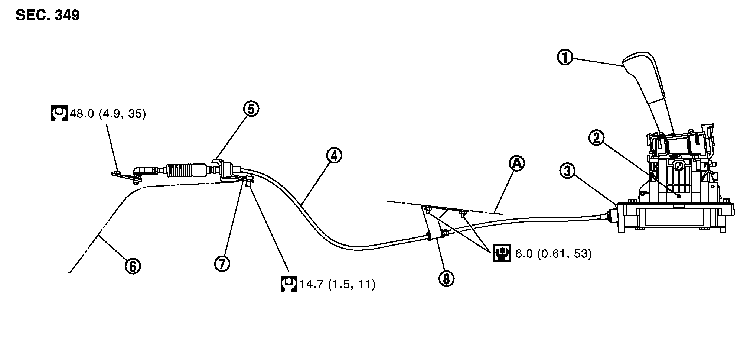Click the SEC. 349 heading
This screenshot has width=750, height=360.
pos(48,15)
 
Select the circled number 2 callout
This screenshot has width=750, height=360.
pos(596,138)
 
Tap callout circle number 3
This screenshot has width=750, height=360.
pos(567,171)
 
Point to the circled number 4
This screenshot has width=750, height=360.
pos(334,156)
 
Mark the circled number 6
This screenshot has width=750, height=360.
pos(133,266)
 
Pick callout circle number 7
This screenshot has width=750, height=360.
pos(222,263)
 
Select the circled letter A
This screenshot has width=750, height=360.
pos(517,163)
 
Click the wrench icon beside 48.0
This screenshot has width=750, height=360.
pos(59,113)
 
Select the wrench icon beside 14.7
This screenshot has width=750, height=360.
pos(288,284)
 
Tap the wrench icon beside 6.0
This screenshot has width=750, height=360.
pos(502,253)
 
